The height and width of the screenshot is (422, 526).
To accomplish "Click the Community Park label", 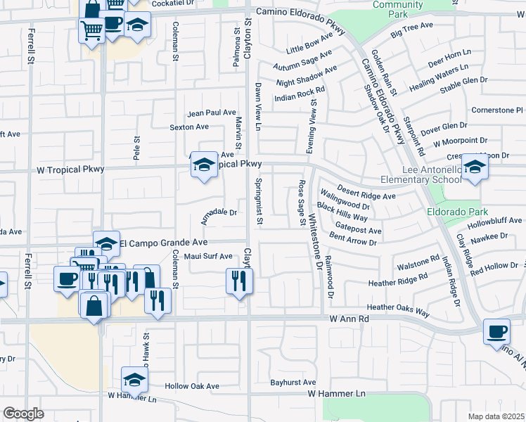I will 397,9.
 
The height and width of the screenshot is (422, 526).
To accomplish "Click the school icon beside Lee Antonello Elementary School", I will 475,167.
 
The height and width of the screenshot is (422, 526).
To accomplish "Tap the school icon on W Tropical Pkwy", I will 204,165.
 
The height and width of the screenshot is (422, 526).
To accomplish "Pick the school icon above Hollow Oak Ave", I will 134,380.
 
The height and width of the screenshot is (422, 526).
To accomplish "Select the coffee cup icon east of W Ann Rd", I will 496,331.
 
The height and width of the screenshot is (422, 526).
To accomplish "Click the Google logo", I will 23,414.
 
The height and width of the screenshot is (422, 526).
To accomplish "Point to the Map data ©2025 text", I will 496,416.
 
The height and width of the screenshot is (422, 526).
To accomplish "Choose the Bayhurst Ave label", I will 293,383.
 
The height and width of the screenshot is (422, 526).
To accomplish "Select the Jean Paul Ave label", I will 211,113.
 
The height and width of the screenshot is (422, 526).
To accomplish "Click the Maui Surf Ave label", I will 207,256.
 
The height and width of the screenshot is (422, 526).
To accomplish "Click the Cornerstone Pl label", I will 498,110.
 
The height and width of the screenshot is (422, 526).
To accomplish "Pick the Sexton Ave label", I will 189,127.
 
